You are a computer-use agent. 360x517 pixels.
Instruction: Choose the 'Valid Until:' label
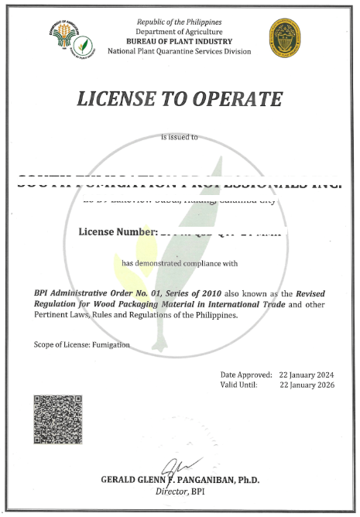242,384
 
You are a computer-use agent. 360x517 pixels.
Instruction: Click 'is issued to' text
179,137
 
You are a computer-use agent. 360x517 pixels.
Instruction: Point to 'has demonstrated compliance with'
180,263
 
